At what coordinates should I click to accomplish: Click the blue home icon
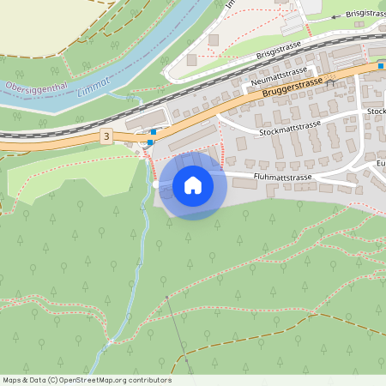[x=193, y=185]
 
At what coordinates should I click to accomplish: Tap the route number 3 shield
[x=106, y=136]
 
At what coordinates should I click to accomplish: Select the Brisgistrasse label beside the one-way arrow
[x=365, y=13]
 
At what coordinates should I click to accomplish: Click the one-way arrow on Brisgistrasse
[x=335, y=16]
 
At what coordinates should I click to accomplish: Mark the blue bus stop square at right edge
[x=381, y=64]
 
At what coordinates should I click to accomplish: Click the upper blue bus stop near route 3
[x=153, y=132]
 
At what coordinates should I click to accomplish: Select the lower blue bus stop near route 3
[x=149, y=142]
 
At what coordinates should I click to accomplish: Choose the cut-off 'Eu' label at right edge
[x=380, y=162]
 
